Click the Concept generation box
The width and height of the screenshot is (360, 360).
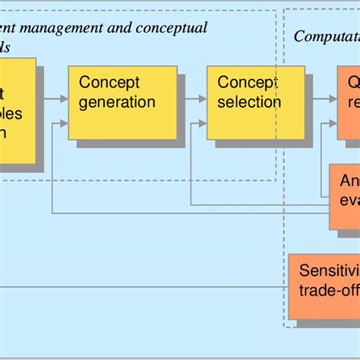[122, 102]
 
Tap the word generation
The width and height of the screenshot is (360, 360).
[117, 102]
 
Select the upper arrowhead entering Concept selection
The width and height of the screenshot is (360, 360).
[202, 98]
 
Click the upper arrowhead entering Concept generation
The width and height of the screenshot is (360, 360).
[64, 98]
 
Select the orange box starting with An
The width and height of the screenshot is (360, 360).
[344, 196]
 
